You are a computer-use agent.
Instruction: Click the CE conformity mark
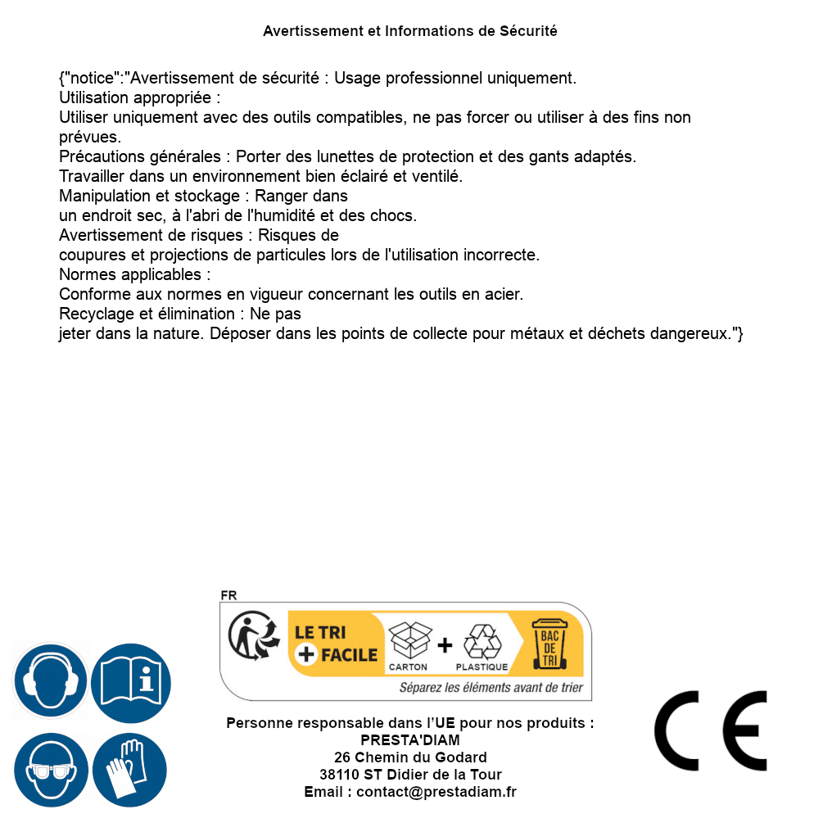[710, 730]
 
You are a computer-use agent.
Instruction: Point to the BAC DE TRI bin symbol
[549, 643]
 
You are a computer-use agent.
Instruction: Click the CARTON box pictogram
[409, 641]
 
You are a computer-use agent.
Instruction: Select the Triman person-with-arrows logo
[250, 636]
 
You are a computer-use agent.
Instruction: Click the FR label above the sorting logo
[228, 595]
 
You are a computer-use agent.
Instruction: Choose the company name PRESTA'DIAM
[410, 740]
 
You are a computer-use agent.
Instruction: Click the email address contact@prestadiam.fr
[436, 792]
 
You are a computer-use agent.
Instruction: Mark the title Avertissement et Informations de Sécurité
[410, 31]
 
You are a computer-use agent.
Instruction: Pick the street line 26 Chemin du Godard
[410, 757]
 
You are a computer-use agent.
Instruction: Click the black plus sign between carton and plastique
[445, 645]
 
